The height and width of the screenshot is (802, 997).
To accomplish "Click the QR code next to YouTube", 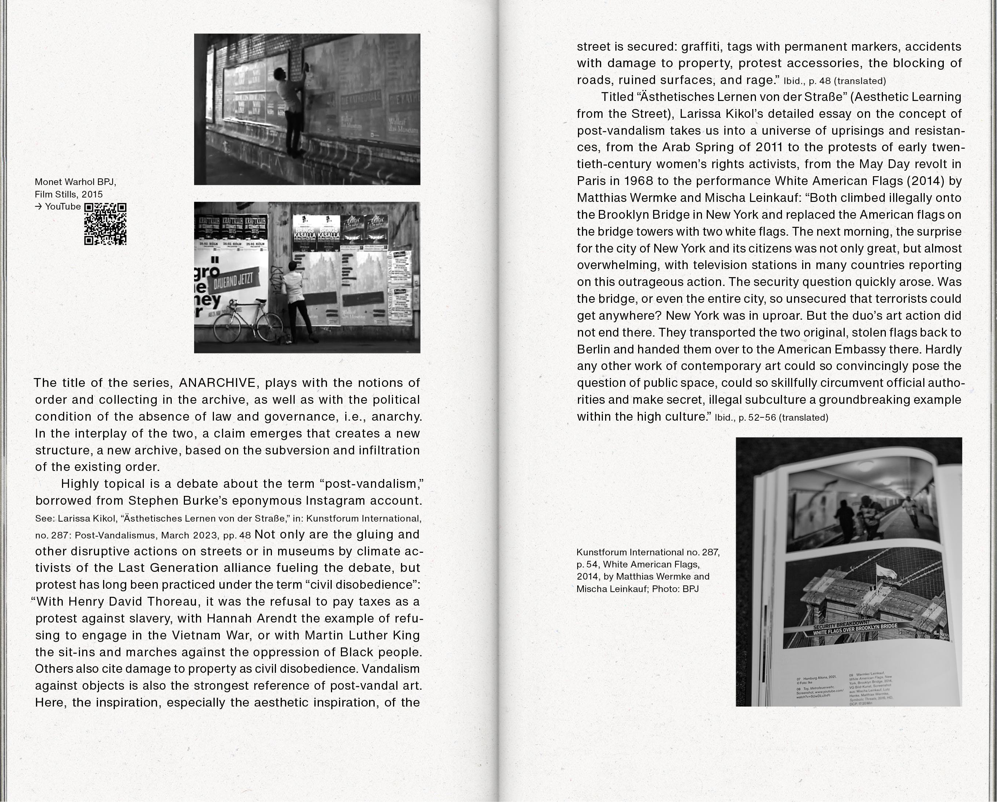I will coord(105,224).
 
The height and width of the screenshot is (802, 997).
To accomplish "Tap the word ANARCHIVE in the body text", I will coord(217,383).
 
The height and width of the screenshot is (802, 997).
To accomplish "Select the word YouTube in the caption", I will coord(63,207).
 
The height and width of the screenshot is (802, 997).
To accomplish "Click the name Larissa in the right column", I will coord(700,114).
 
